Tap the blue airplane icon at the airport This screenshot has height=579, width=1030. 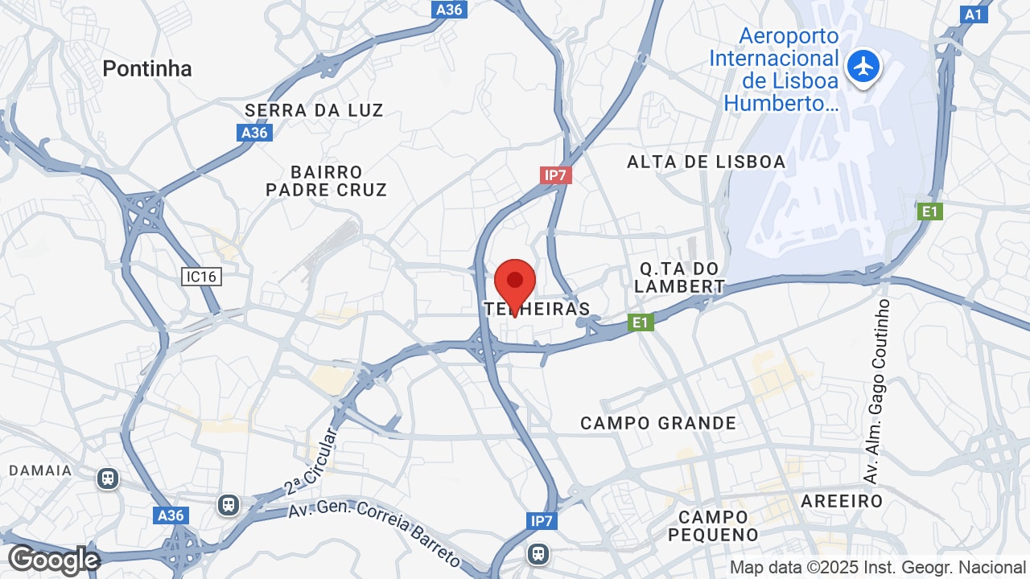[864, 66]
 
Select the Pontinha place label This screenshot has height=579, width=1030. [147, 69]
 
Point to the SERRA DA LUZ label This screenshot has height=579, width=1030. [314, 110]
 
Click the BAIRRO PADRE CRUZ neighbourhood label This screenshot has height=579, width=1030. [327, 181]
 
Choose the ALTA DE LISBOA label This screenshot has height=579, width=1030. [706, 162]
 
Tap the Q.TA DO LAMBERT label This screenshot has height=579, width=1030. [679, 277]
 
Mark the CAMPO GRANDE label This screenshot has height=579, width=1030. [658, 423]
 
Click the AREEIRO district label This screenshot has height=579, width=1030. [842, 501]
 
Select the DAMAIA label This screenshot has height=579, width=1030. [40, 470]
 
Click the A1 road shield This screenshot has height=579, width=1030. [974, 14]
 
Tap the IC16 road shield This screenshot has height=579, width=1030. [201, 277]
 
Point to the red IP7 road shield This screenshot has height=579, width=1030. [556, 175]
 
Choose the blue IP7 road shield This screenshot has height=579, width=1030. [542, 521]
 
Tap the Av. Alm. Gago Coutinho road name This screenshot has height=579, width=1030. [877, 392]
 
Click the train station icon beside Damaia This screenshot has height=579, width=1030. [108, 479]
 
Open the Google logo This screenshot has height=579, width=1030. [53, 560]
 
